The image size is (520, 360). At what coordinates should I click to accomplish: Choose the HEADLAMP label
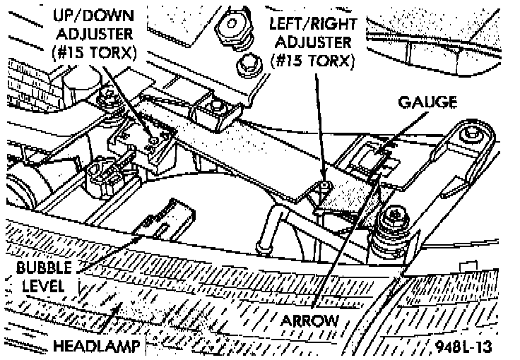pos(95,346)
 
